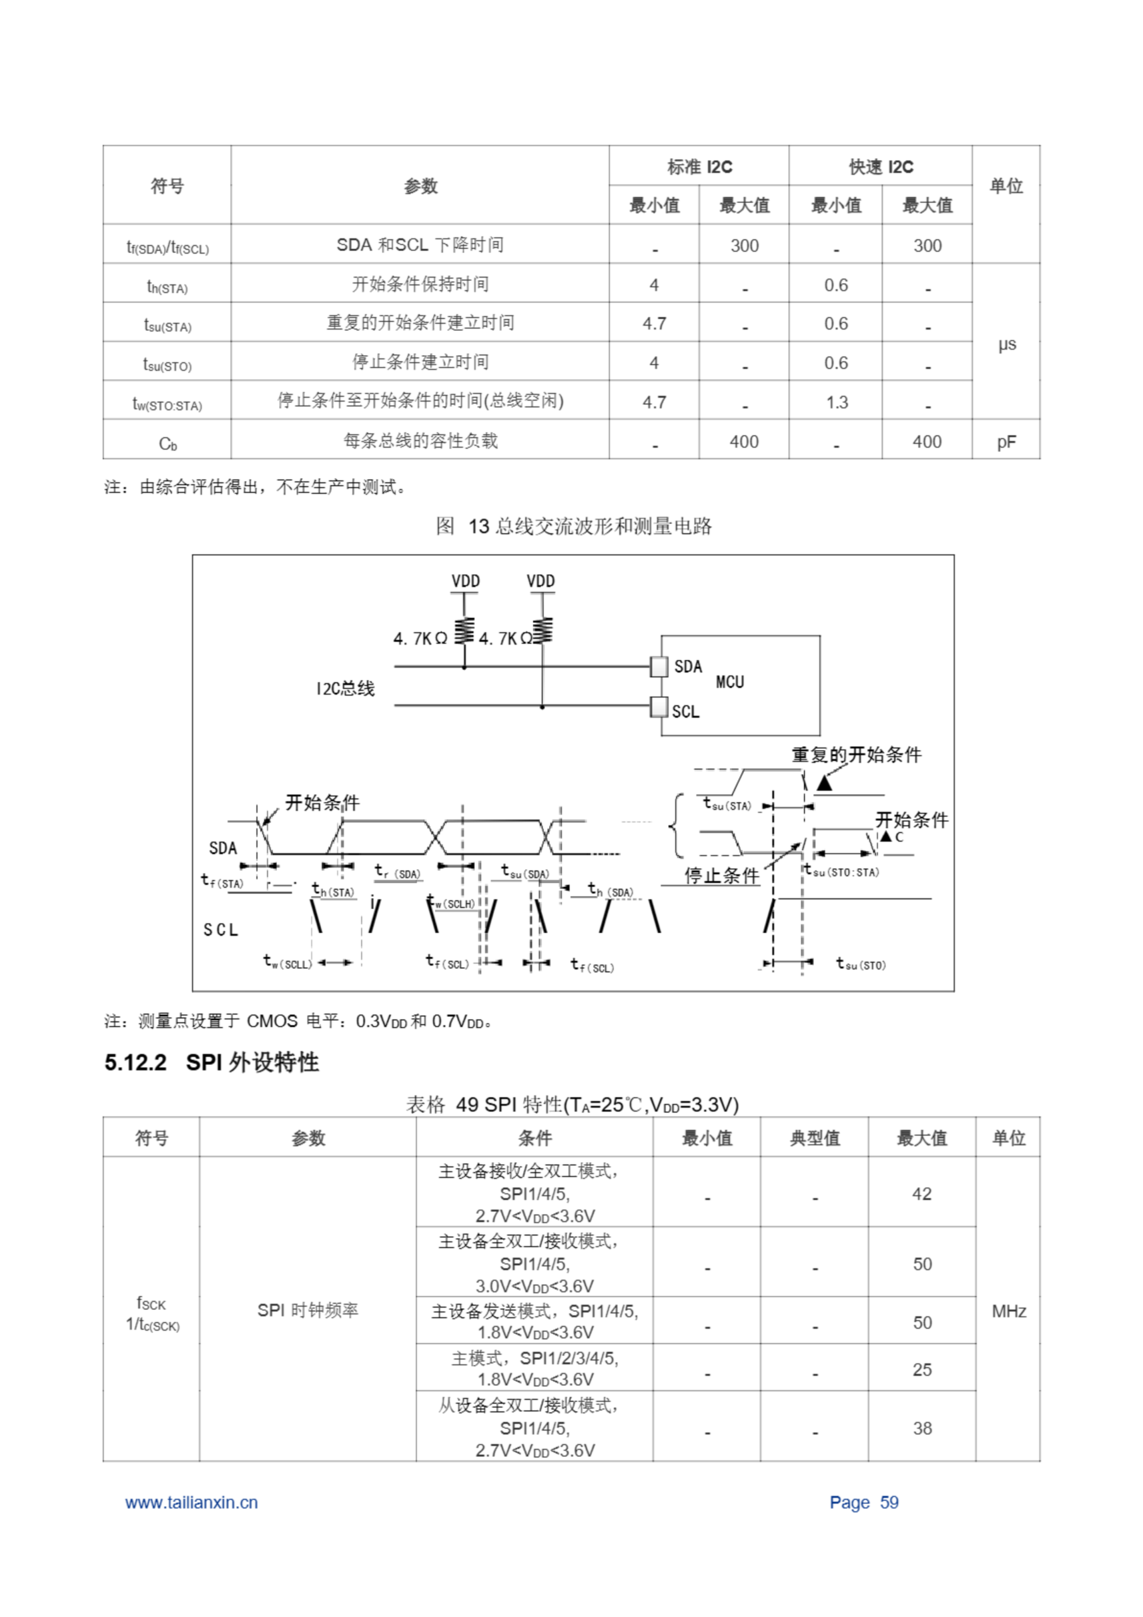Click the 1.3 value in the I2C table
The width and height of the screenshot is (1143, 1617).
point(836,402)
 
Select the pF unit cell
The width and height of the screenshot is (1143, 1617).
point(1006,442)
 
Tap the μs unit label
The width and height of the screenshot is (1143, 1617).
point(1007,344)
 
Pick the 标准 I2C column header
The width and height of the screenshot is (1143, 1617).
point(698,167)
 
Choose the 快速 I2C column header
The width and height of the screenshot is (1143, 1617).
point(880,167)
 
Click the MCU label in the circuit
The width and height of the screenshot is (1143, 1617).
point(729,682)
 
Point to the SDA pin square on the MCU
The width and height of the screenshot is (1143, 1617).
point(659,666)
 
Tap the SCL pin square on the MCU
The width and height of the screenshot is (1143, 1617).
point(659,706)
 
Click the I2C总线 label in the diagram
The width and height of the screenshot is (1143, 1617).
point(345,688)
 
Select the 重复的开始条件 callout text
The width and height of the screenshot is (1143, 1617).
point(856,755)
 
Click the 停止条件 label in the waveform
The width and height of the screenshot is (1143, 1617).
point(722,875)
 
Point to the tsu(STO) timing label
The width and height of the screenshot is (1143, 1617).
point(861,964)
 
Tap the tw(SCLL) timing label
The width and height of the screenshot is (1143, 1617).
point(287,962)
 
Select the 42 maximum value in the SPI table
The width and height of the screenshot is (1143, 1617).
point(921,1194)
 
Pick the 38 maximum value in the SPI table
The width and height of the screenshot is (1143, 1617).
point(922,1428)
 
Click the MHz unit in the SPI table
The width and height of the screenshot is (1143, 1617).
point(1008,1311)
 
